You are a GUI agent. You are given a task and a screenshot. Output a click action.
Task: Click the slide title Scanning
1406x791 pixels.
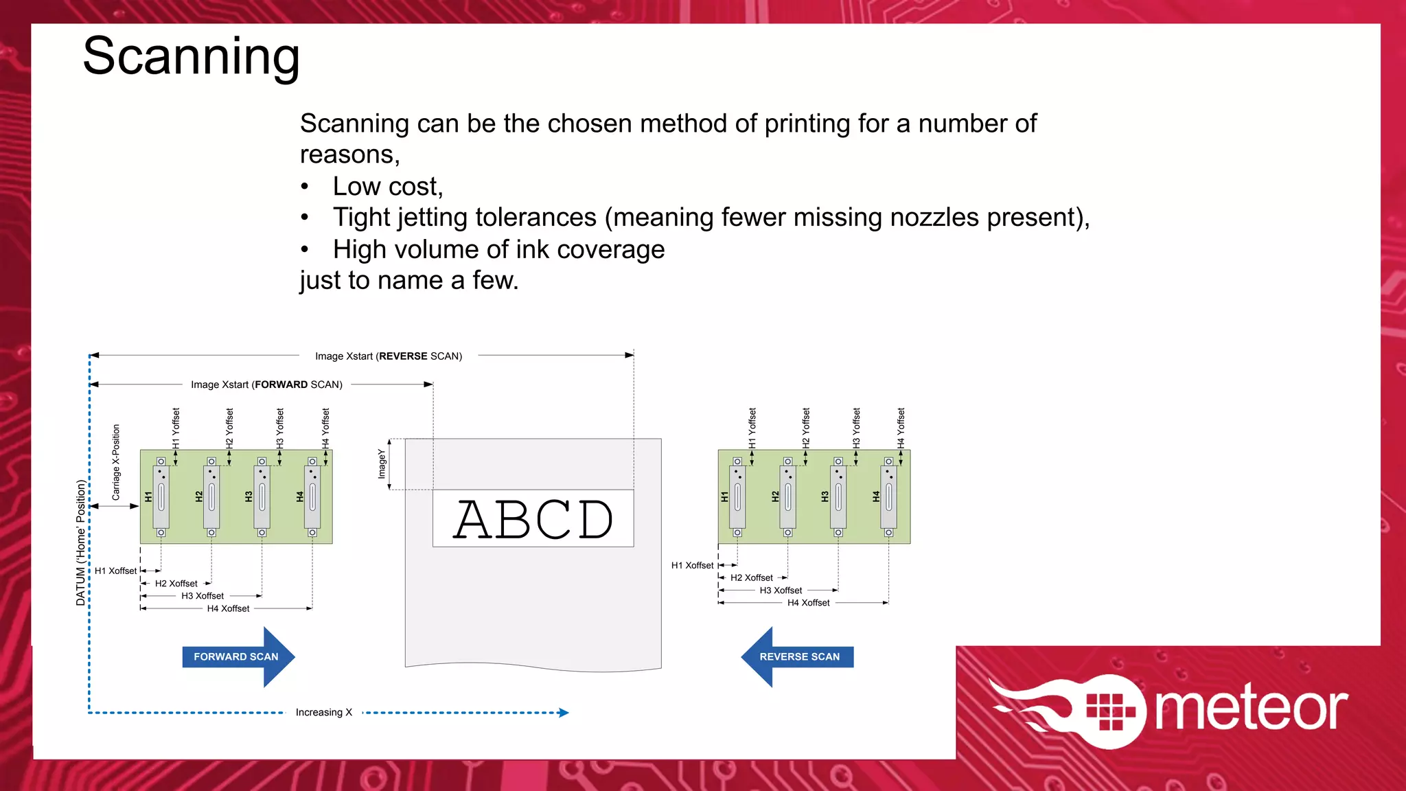pyautogui.click(x=191, y=56)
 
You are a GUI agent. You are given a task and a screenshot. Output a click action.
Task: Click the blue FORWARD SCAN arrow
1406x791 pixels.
pyautogui.click(x=237, y=657)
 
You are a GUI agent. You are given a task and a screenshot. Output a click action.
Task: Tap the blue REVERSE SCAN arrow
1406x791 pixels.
pyautogui.click(x=798, y=657)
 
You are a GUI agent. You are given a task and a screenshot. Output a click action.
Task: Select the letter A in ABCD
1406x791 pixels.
pyautogui.click(x=479, y=520)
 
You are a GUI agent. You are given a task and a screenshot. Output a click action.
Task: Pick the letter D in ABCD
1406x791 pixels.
pyautogui.click(x=595, y=520)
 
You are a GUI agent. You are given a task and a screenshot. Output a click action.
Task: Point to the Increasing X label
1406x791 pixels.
pyautogui.click(x=323, y=713)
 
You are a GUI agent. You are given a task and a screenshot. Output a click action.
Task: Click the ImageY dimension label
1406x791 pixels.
pyautogui.click(x=382, y=463)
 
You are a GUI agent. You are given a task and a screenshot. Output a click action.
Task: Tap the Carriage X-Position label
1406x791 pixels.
pyautogui.click(x=116, y=462)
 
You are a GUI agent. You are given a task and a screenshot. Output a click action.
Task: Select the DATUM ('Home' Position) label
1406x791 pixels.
pyautogui.click(x=81, y=542)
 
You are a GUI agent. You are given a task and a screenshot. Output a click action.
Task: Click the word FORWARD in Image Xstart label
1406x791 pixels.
pyautogui.click(x=281, y=385)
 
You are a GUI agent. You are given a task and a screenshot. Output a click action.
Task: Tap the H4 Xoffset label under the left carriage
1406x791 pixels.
pyautogui.click(x=228, y=609)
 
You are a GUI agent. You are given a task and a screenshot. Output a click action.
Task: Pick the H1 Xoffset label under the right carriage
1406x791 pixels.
pyautogui.click(x=692, y=566)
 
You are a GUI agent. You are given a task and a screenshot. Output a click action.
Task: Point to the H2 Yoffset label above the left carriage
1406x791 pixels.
pyautogui.click(x=229, y=428)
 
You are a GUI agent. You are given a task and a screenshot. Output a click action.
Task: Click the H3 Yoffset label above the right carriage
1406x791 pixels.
pyautogui.click(x=856, y=428)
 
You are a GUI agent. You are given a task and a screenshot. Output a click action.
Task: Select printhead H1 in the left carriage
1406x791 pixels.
pyautogui.click(x=161, y=496)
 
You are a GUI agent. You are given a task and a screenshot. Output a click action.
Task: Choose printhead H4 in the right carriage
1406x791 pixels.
pyautogui.click(x=888, y=496)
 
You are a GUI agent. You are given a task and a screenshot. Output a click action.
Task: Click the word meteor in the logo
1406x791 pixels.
pyautogui.click(x=1251, y=709)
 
